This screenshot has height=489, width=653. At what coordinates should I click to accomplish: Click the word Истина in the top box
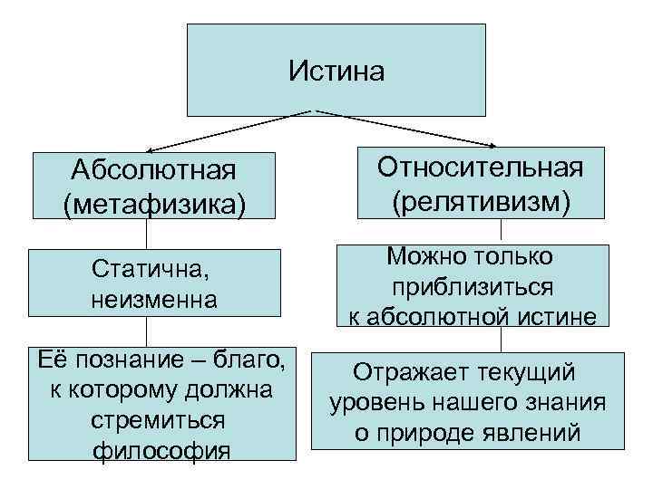(x=336, y=70)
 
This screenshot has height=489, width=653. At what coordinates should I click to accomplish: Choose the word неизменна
(x=154, y=298)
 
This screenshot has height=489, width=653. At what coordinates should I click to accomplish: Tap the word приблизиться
(x=473, y=286)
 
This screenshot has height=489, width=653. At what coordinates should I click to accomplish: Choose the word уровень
(x=371, y=401)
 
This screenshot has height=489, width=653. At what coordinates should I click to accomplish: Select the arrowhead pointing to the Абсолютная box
(x=153, y=149)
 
